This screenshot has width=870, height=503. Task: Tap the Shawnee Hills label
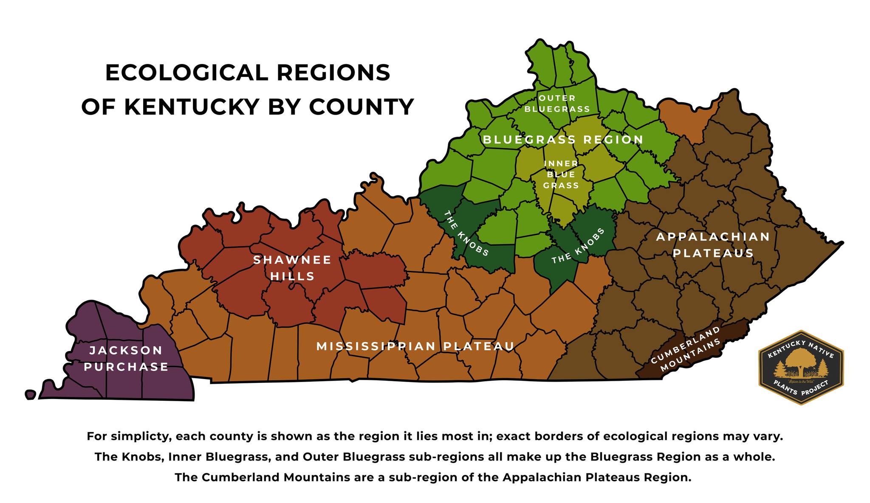pos(292,268)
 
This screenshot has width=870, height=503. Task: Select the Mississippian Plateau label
pos(415,346)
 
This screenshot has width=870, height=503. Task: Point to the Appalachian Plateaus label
pos(713,245)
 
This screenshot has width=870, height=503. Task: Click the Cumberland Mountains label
pos(686,349)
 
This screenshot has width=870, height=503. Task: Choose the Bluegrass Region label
pos(563,140)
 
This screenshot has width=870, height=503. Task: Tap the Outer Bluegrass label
pos(557,104)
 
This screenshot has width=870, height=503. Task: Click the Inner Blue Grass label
pos(561,174)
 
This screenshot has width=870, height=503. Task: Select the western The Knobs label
pos(466,233)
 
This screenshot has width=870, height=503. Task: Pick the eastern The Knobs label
pos(578,246)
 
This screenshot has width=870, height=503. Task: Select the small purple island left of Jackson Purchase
pos(30,395)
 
